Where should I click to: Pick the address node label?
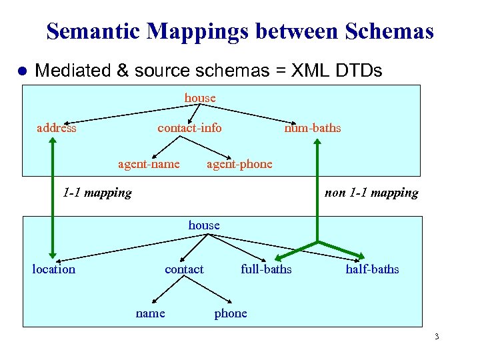tap(56, 128)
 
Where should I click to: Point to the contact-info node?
tap(189, 128)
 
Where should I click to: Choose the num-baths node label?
tap(312, 128)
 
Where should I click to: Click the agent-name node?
tap(149, 164)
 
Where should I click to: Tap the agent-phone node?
tap(239, 164)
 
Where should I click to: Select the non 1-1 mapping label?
tap(371, 193)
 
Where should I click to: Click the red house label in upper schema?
tap(200, 98)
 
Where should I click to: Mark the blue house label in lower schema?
tap(204, 225)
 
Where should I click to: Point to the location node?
tap(54, 269)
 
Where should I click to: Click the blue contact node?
tap(184, 269)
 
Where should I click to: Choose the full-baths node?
tap(266, 269)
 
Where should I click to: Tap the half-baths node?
tap(372, 269)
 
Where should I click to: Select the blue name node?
tap(150, 313)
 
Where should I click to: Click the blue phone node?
tap(231, 313)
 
